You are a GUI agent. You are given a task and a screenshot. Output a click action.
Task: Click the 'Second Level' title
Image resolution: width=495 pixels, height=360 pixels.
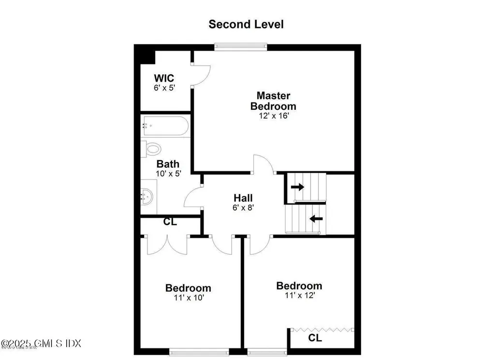click(x=246, y=24)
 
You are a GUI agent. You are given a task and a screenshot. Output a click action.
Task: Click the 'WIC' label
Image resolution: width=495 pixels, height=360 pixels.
click(x=164, y=78)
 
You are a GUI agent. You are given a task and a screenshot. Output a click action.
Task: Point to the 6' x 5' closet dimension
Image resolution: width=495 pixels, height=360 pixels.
click(x=164, y=89)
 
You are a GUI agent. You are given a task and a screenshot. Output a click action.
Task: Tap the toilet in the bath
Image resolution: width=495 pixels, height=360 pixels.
click(x=152, y=149)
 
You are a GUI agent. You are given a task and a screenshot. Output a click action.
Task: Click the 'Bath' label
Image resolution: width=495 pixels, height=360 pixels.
click(x=168, y=164)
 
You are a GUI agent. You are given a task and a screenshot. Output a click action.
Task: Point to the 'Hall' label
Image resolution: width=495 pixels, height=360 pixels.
click(x=243, y=198)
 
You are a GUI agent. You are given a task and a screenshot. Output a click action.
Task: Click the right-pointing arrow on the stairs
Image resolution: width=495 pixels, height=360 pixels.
click(x=297, y=187)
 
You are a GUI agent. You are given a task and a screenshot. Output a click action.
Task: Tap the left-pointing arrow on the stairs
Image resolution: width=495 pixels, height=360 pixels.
click(x=316, y=219)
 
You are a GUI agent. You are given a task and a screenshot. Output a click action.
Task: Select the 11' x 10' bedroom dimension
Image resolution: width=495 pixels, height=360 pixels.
click(x=188, y=298)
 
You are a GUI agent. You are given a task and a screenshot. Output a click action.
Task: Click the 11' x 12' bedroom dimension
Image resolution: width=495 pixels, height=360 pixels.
click(x=299, y=295)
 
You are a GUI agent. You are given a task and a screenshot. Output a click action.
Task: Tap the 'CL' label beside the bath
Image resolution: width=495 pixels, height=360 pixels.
click(x=170, y=222)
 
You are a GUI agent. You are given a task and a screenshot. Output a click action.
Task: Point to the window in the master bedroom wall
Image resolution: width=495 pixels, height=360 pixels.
click(x=241, y=47)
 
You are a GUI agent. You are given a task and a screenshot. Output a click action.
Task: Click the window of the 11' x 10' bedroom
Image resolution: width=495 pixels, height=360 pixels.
click(x=199, y=352)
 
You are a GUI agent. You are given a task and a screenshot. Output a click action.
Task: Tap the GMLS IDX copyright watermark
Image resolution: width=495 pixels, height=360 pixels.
click(x=41, y=344)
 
